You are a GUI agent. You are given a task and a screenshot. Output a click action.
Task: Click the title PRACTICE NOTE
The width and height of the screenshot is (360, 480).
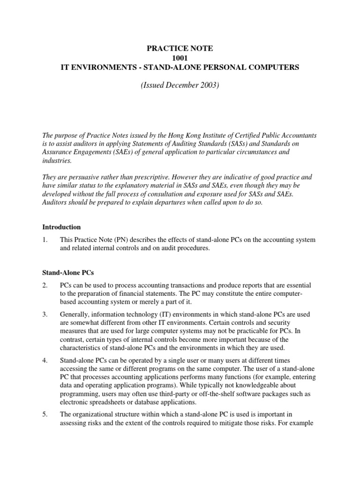point(180,48)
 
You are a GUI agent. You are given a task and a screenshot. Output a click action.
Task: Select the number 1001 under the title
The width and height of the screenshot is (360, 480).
point(180,58)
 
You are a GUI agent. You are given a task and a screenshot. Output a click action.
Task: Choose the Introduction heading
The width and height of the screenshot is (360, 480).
point(61,227)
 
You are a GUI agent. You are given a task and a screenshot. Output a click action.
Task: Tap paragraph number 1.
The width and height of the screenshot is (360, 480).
point(45,240)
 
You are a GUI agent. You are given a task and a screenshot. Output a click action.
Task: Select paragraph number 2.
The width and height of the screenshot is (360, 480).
point(45,285)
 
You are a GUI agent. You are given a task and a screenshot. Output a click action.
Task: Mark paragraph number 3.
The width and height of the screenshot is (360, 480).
point(45,314)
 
